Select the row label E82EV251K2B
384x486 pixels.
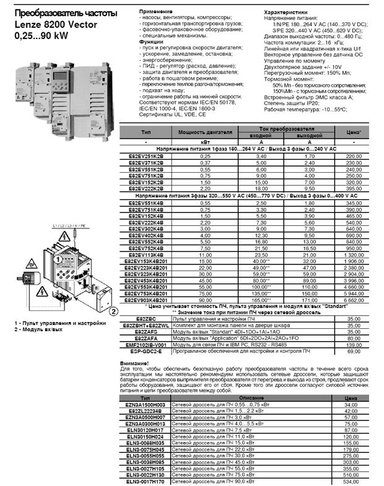tap(146, 157)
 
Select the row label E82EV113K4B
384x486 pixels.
tap(146, 254)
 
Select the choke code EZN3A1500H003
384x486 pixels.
tap(145, 404)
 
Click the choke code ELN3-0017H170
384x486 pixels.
tap(145, 481)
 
